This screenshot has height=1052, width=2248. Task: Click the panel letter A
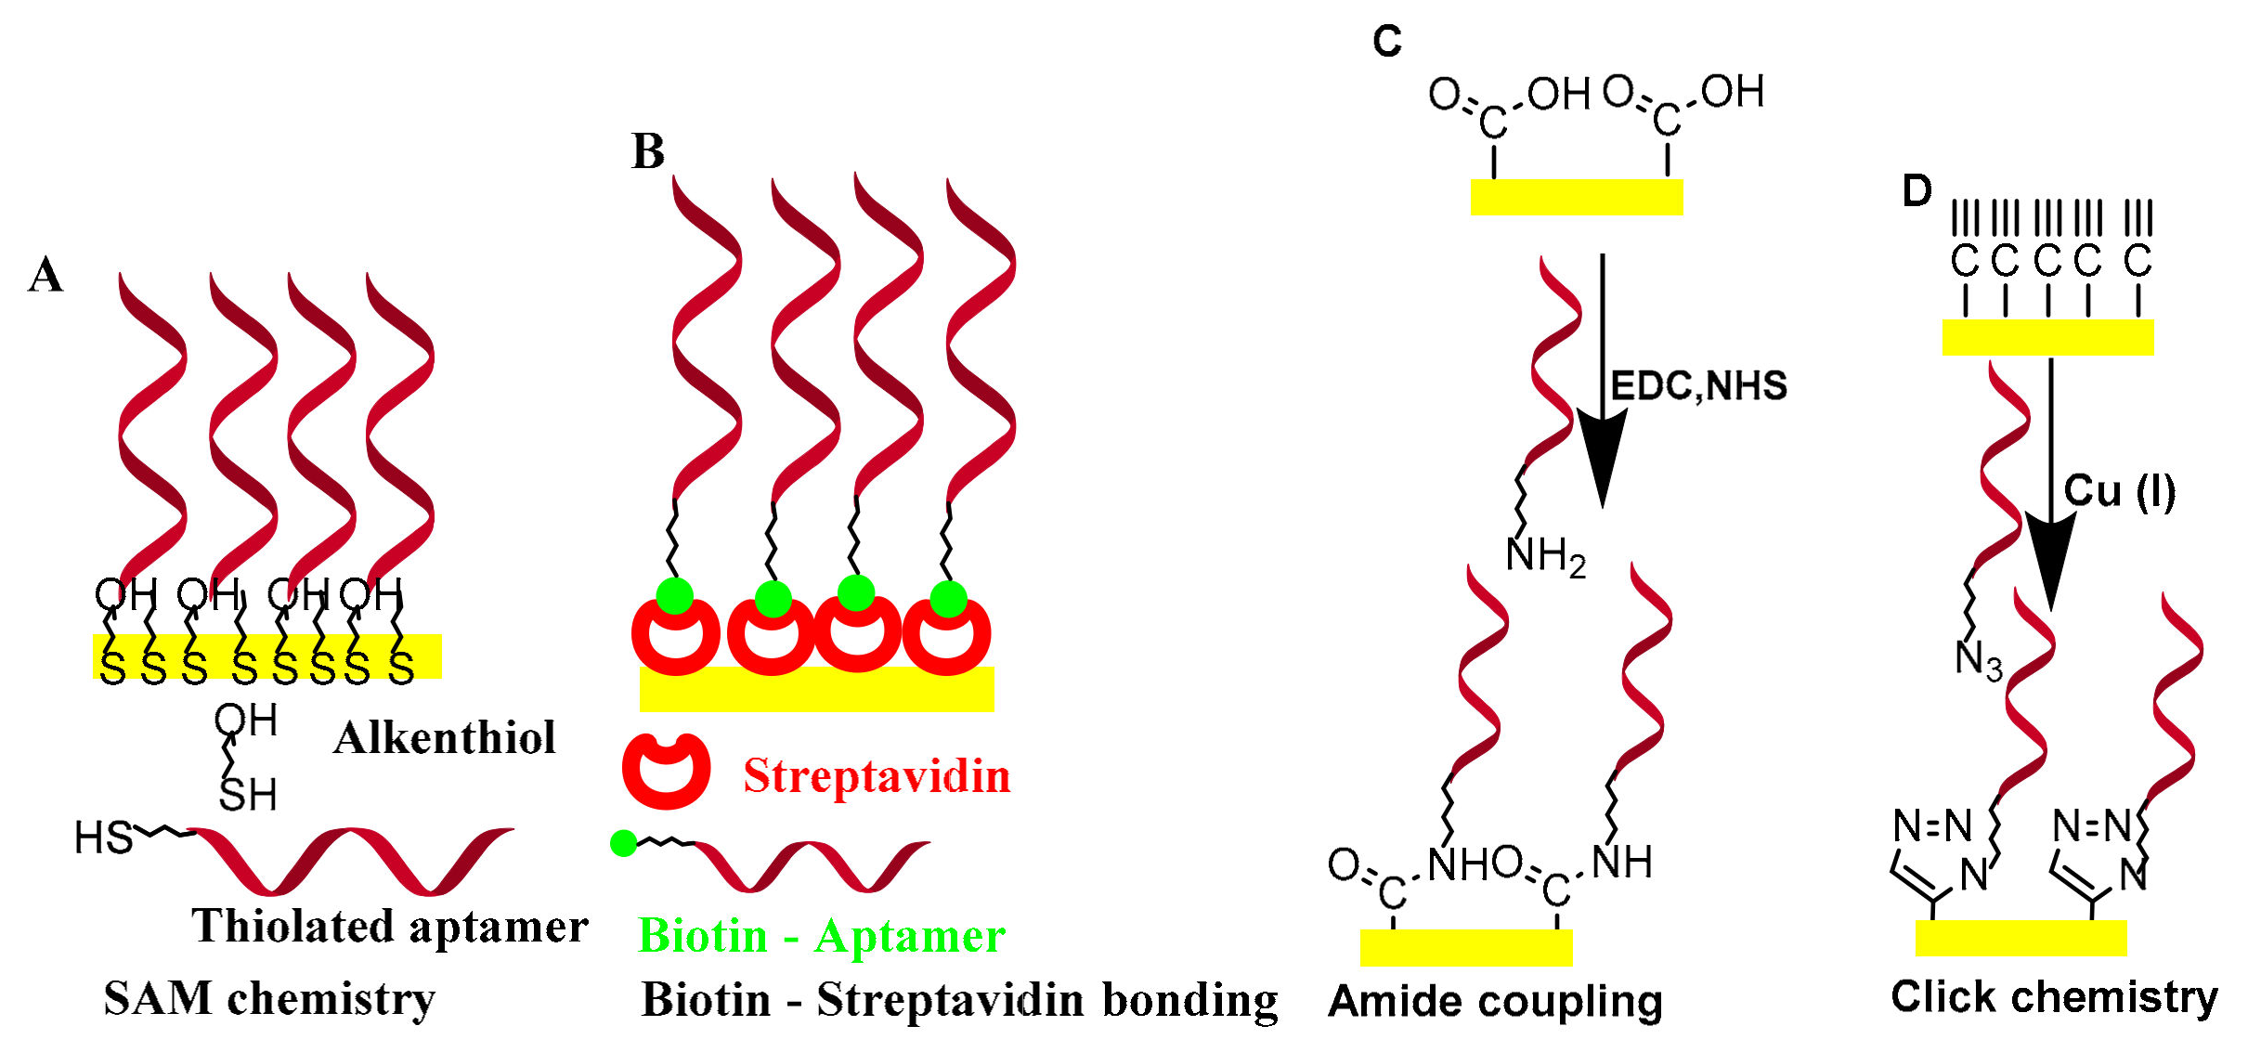(45, 275)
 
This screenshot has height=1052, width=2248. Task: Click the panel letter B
(648, 151)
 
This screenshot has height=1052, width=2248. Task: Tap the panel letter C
(1386, 42)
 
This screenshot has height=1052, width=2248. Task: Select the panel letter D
(1917, 191)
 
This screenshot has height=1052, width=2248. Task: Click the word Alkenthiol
(444, 739)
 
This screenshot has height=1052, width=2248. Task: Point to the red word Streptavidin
(877, 776)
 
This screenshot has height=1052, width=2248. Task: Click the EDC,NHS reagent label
(1698, 386)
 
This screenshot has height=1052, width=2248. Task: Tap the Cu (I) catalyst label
(2119, 491)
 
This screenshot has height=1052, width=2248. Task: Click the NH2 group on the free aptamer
(1545, 557)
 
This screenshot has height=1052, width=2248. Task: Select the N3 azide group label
(1979, 661)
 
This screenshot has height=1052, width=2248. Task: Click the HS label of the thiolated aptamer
(103, 838)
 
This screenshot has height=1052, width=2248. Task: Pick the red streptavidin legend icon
(666, 771)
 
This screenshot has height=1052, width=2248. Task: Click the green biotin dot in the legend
(623, 843)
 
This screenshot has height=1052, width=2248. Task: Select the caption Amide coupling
(1495, 1001)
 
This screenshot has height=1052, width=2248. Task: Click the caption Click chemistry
(2054, 997)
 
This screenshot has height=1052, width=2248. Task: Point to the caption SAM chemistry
(269, 999)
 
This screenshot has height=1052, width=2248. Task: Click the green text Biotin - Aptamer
(821, 936)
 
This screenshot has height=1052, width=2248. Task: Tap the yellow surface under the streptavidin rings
(817, 691)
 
